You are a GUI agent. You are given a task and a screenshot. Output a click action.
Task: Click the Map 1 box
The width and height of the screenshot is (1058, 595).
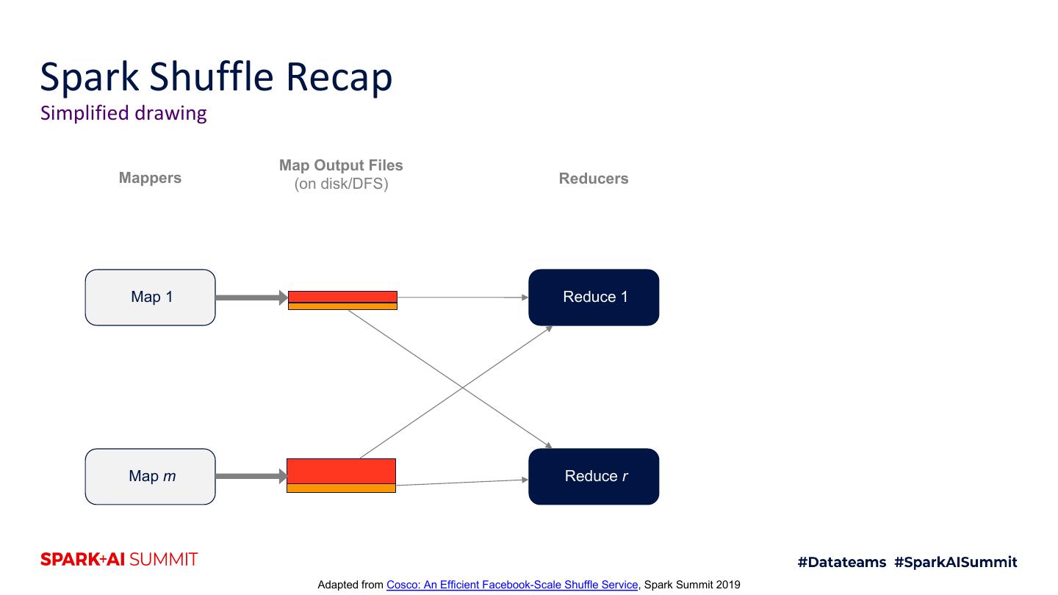click(151, 297)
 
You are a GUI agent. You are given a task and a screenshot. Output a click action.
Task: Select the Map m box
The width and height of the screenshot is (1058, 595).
click(151, 477)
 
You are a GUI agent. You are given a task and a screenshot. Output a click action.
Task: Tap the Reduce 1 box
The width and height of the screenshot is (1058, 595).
click(594, 297)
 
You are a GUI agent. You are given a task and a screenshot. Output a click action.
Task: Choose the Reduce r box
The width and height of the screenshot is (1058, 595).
click(594, 477)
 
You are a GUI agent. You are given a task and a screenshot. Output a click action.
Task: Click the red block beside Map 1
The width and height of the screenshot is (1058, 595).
click(342, 297)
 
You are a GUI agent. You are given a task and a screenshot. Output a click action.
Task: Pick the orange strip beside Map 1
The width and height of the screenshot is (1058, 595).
click(342, 306)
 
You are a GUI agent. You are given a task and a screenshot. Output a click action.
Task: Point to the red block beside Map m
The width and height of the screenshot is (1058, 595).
click(341, 471)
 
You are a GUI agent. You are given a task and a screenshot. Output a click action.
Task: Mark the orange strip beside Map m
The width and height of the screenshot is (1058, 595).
click(341, 488)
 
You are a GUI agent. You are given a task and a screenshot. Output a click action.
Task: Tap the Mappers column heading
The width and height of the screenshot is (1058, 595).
click(150, 178)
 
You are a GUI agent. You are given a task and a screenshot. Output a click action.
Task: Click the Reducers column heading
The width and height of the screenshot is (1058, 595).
click(594, 178)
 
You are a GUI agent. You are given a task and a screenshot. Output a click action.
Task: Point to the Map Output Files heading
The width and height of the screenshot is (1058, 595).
click(341, 165)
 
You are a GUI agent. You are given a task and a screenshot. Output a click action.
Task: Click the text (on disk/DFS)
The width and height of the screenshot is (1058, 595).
click(341, 184)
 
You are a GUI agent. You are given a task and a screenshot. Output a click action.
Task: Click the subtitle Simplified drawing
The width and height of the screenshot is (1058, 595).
click(123, 113)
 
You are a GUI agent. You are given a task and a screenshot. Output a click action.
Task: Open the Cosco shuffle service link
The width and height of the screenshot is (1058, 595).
click(512, 585)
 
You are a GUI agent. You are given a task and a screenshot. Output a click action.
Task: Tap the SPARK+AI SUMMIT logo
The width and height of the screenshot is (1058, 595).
click(119, 560)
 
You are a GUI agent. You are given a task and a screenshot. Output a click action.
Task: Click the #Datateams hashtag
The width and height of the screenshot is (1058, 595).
click(842, 562)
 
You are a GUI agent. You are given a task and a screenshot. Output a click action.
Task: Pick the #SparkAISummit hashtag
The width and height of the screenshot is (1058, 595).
click(956, 562)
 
